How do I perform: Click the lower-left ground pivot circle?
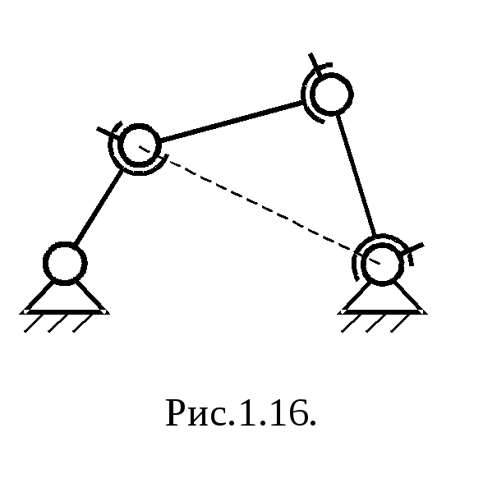point(65,263)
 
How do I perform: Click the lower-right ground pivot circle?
point(382,264)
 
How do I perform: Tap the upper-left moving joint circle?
point(139,145)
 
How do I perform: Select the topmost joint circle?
point(332,94)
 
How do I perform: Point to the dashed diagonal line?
point(260,205)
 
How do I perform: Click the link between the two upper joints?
point(232,121)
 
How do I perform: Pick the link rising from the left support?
point(99,207)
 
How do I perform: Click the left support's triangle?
point(65,297)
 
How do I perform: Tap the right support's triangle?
point(383,298)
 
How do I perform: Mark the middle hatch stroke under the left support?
point(57,323)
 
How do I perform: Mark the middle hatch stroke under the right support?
point(375,323)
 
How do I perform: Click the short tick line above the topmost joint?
point(313,61)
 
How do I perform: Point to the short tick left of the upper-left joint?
point(107,132)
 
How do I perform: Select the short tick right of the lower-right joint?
point(415,248)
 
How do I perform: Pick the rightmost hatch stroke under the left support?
point(83,323)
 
